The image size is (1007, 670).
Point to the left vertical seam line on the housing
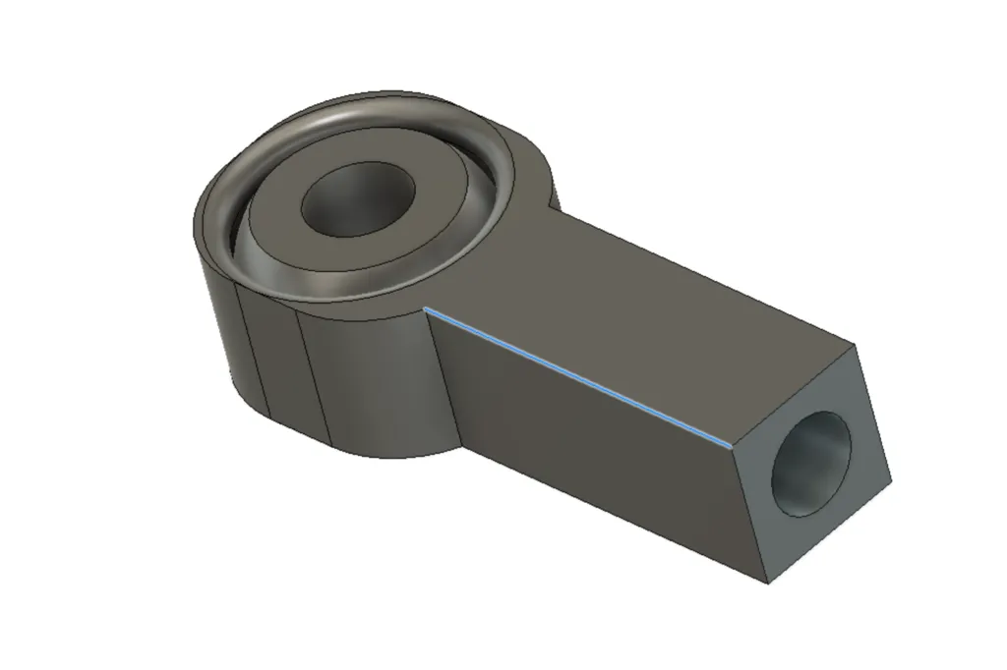point(253,349)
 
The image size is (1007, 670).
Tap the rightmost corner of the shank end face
point(893,483)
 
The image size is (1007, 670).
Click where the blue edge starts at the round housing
point(426,307)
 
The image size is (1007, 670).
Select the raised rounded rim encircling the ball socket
point(492,147)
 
